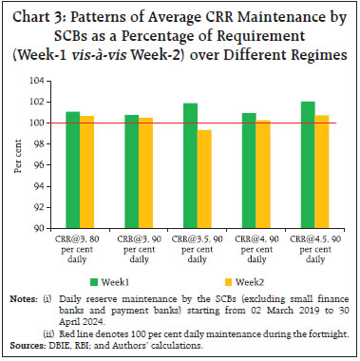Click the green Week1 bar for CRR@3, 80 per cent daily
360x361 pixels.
tap(73, 170)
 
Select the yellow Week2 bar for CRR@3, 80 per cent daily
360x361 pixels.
tap(87, 172)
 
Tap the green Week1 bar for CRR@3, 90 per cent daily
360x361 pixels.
tap(132, 172)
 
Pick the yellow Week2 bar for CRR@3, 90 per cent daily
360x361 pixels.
tap(146, 173)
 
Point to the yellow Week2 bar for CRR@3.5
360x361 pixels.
tap(205, 179)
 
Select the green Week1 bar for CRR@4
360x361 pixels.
tap(250, 171)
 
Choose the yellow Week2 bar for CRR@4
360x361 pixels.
tap(264, 174)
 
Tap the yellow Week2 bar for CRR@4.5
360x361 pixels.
tap(323, 172)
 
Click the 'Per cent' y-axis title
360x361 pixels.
tap(18, 155)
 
